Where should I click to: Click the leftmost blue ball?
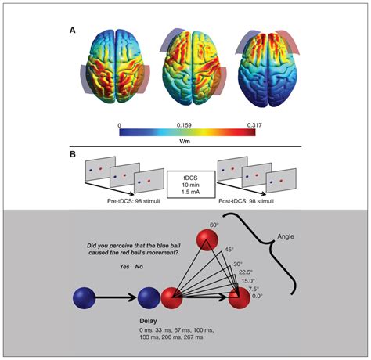click(x=64, y=299)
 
